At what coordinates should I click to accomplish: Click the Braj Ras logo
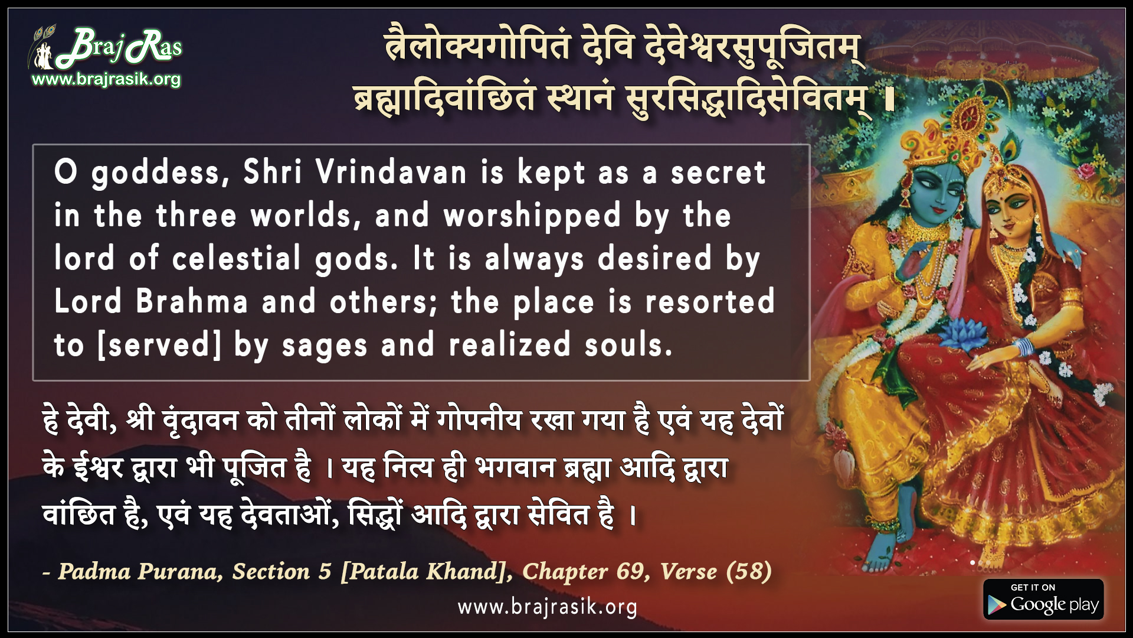[105, 47]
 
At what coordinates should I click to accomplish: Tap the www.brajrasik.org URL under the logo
[106, 79]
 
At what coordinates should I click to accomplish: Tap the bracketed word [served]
[159, 345]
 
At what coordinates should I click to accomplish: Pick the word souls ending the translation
[628, 345]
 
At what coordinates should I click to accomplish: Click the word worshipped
[532, 216]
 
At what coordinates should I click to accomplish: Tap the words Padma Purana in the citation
[140, 571]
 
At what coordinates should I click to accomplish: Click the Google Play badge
[1043, 599]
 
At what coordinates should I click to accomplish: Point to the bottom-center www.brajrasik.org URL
[547, 607]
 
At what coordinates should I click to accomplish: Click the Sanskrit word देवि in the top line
[608, 45]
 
